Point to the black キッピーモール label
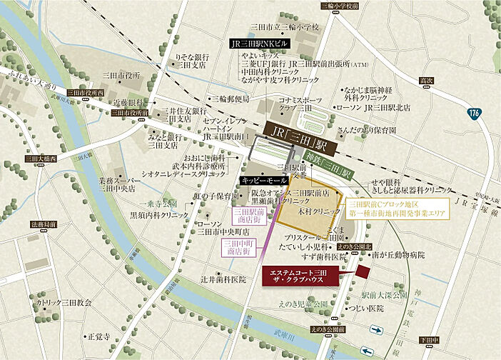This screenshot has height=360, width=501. point(263,180)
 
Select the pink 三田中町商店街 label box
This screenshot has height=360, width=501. point(238,247)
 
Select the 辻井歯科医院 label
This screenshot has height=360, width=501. point(223,279)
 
